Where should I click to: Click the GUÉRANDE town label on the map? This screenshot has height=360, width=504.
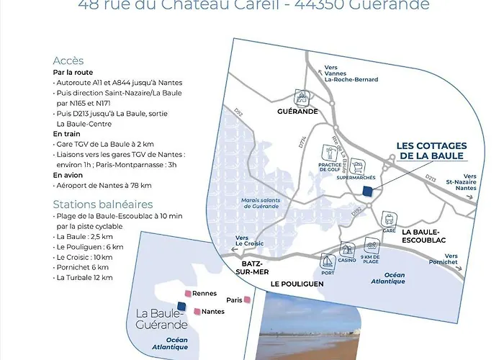pos(298,112)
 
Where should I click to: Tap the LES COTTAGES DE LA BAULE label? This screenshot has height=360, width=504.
pos(431,151)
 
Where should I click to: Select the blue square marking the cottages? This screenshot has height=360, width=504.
pos(367,192)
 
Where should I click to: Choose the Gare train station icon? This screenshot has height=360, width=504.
pos(390,219)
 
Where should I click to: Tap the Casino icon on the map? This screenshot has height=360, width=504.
pos(347,249)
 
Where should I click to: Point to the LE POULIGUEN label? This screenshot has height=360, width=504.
pos(297,284)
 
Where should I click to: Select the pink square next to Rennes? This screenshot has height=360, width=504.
pos(188,294)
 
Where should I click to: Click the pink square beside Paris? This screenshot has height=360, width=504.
pos(247,300)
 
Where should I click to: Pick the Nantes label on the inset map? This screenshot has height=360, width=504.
pos(213,312)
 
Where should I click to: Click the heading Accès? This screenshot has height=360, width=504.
pos(68,60)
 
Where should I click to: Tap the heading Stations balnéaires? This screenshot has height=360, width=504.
pos(93,204)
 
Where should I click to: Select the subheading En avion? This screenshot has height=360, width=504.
pos(68,175)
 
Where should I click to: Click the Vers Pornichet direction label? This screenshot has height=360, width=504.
pos(451,259)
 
